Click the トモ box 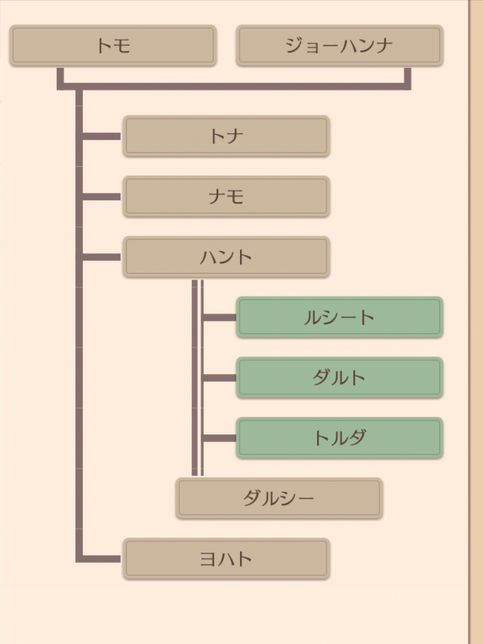click(113, 45)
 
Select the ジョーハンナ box click(339, 45)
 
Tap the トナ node click(226, 136)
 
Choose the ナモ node click(226, 196)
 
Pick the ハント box click(226, 257)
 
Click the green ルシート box click(339, 317)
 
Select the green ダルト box click(339, 378)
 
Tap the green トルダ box click(339, 438)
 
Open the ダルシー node click(279, 499)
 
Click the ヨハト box click(226, 559)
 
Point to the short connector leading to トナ click(101, 136)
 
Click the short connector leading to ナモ click(101, 196)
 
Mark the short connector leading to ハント click(101, 257)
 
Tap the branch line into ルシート click(219, 317)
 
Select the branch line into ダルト click(219, 378)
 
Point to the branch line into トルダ click(219, 438)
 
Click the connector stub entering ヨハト click(101, 558)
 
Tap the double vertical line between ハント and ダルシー click(197, 378)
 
